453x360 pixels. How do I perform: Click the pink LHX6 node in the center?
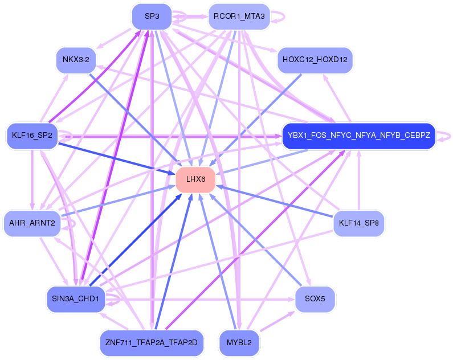point(195,179)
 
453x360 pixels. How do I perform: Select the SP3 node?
point(152,16)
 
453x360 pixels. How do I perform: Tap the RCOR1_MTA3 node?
point(239,16)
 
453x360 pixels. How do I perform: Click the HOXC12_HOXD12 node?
point(315,60)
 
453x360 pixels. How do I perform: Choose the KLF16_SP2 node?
point(32,136)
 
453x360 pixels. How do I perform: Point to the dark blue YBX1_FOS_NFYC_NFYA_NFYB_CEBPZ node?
point(358,136)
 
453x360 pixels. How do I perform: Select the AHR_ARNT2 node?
point(32,223)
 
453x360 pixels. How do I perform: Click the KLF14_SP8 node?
point(358,223)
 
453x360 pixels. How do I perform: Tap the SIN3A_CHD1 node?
point(76,298)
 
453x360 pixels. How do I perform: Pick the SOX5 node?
point(315,298)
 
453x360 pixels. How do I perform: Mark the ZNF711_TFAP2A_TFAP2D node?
point(152,342)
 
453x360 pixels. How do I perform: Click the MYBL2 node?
point(239,342)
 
